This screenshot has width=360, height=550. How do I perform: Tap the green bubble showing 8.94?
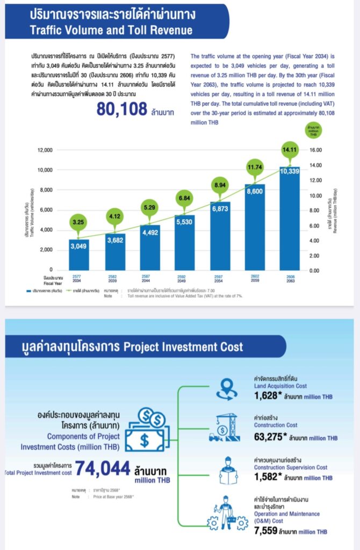pyautogui.click(x=220, y=185)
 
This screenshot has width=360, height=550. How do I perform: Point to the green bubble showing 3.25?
pyautogui.click(x=78, y=222)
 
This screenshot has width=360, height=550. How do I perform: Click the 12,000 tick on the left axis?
pyautogui.click(x=45, y=150)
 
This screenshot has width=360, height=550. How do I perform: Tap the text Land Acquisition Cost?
pyautogui.click(x=280, y=386)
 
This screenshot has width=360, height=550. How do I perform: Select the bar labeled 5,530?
pyautogui.click(x=185, y=242)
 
